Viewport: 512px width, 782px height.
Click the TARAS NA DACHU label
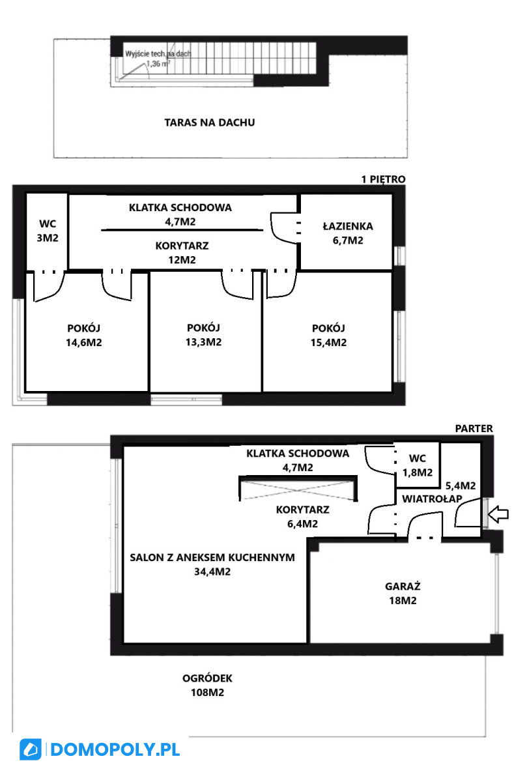tap(209, 123)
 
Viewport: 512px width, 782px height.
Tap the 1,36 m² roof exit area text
tap(158, 64)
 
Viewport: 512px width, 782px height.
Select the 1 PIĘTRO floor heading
tap(383, 179)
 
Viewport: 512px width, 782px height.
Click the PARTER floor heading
tap(474, 428)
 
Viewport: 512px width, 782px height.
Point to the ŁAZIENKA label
tap(348, 226)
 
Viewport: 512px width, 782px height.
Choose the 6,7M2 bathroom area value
tap(348, 240)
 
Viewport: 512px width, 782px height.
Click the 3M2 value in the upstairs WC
tap(48, 238)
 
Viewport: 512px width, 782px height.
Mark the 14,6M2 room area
tap(84, 343)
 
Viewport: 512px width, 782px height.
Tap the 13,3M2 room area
tap(203, 342)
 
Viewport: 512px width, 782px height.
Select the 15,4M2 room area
tap(328, 343)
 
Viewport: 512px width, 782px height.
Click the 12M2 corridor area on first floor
tap(182, 260)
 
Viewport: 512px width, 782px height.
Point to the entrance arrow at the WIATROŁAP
tap(498, 514)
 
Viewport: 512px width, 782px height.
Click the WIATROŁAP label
tap(432, 499)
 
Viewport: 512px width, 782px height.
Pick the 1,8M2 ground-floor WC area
tap(418, 472)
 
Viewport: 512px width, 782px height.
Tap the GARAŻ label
tap(403, 586)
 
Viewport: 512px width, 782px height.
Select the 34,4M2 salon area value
tap(212, 572)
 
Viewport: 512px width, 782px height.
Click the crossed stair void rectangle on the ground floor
tap(298, 488)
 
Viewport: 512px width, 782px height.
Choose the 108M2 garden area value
tap(207, 692)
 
